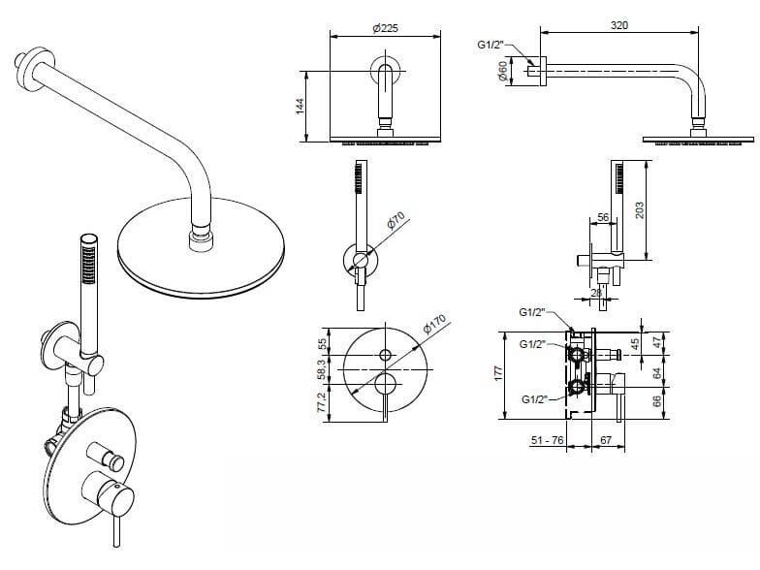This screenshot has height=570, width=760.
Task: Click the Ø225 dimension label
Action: (x=385, y=27)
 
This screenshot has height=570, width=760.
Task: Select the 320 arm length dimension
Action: (x=619, y=25)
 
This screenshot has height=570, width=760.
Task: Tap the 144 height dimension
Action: (x=301, y=105)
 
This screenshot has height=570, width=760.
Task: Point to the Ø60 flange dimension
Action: (x=503, y=72)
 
